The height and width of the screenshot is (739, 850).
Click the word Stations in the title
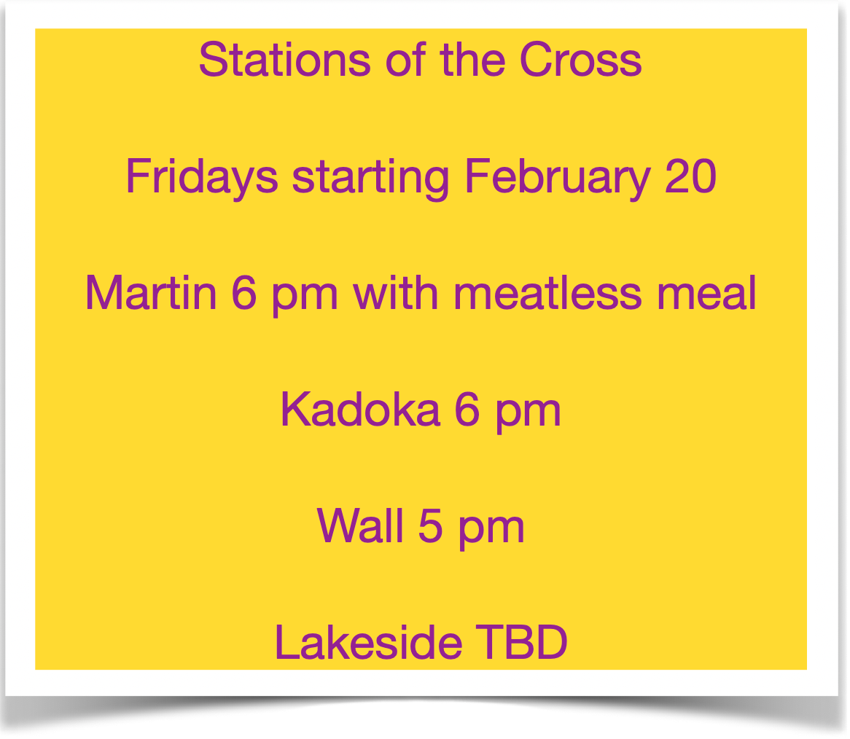pos(284,60)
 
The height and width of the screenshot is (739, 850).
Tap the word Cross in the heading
pos(580,60)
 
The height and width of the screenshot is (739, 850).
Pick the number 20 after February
pos(690,176)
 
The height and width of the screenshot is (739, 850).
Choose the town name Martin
pos(151,293)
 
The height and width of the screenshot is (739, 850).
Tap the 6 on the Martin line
pos(244,293)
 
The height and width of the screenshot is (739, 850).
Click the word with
pos(396,293)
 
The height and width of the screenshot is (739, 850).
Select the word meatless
pos(547,293)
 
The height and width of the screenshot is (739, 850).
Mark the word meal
pos(706,293)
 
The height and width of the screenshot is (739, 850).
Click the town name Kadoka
pos(361,410)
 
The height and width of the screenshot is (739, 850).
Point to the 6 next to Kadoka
pos(467,410)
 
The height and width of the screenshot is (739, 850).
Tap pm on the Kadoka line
pos(528,414)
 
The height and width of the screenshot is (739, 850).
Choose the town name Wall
pos(361,525)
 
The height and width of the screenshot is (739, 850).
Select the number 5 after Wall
pos(431,525)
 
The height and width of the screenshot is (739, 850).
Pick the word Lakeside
pos(369,642)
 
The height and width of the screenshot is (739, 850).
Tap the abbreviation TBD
pos(521,642)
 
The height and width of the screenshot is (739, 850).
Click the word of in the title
pos(405,60)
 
